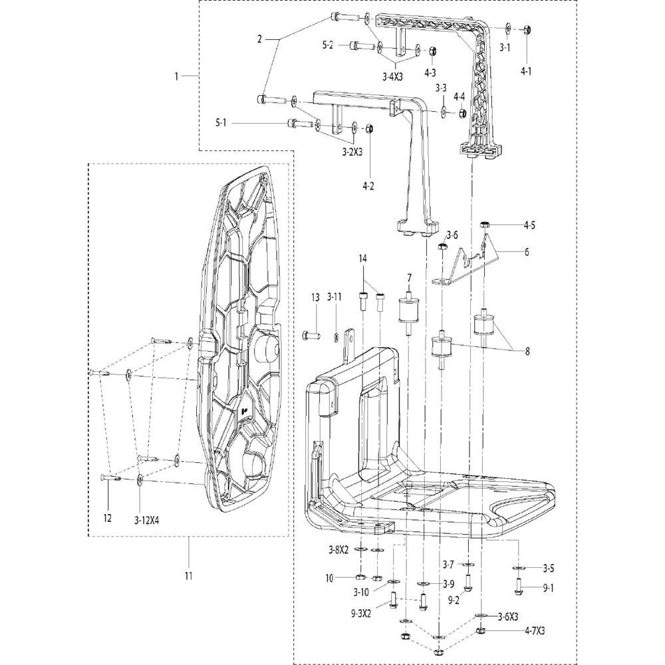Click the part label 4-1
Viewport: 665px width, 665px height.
tap(526, 70)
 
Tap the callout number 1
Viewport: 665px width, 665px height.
tap(177, 76)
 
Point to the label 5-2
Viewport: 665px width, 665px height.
tap(328, 45)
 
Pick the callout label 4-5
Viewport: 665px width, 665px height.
tap(529, 225)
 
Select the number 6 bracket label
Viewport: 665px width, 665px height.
tap(526, 252)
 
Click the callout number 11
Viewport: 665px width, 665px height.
tap(188, 575)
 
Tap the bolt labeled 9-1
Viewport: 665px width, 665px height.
tap(519, 585)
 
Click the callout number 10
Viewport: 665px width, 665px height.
tap(330, 579)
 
